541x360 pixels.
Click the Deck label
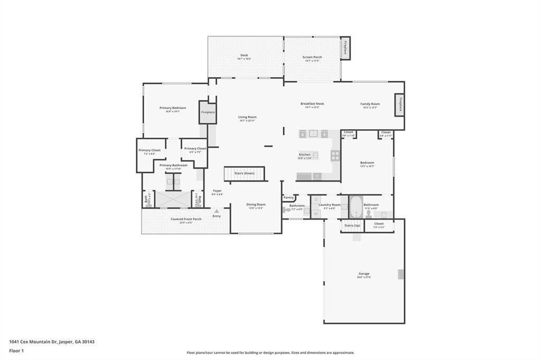244,55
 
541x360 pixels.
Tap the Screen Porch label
312,57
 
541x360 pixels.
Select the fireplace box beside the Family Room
400,105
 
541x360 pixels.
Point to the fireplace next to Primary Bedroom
208,112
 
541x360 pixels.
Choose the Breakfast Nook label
312,104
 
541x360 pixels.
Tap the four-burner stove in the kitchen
335,155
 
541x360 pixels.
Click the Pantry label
288,197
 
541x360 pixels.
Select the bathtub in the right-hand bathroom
355,207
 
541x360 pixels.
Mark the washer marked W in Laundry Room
315,213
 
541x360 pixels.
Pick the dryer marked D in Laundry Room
315,200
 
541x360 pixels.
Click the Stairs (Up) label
352,225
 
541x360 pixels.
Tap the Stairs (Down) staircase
244,173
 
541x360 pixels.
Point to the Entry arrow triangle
216,211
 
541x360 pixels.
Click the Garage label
363,273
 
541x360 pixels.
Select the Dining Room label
256,204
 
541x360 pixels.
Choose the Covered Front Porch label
185,219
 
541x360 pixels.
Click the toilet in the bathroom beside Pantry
286,210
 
